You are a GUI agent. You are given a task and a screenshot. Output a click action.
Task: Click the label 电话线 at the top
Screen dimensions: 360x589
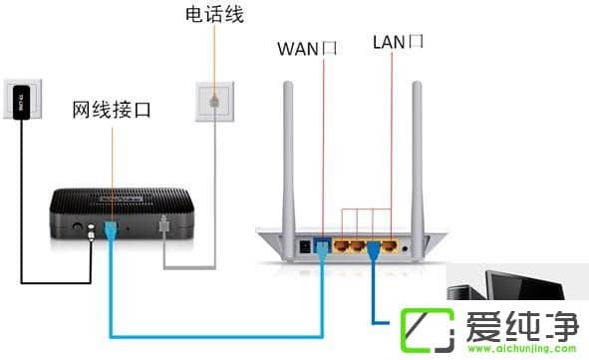pyautogui.click(x=214, y=16)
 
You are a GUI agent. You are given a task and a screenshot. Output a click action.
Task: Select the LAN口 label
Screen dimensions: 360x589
pyautogui.click(x=398, y=42)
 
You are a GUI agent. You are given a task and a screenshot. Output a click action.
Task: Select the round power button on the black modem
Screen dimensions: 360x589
pyautogui.click(x=77, y=228)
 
